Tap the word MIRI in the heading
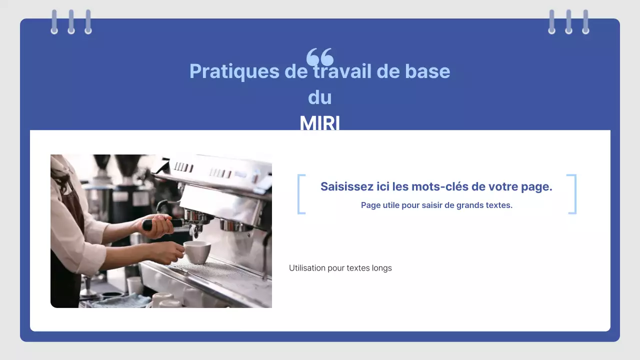click(320, 123)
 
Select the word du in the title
click(320, 97)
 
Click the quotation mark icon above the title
click(320, 56)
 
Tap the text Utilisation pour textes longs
click(340, 268)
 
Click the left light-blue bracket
click(301, 194)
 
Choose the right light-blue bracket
click(572, 194)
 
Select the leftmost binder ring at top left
click(54, 22)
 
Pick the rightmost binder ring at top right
click(585, 22)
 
